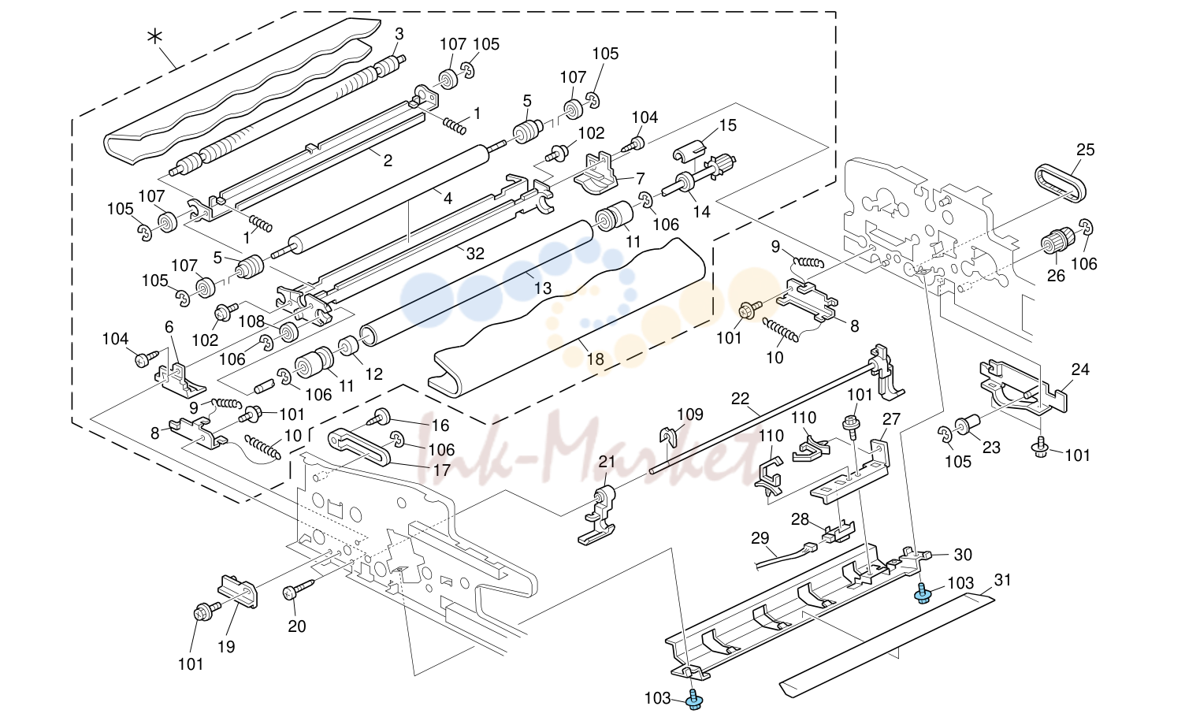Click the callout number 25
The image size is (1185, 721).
tap(1085, 150)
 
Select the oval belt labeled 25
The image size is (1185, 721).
tap(1061, 183)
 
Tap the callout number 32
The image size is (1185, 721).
tap(475, 254)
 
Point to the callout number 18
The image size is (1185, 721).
tap(595, 359)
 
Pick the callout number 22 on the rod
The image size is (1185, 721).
tap(741, 398)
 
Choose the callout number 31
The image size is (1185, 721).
tap(1002, 580)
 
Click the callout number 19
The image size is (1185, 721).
tap(226, 646)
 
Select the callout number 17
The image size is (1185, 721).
tap(442, 470)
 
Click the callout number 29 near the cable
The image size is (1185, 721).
tap(760, 538)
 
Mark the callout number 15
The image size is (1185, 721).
tap(728, 125)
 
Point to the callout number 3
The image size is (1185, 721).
tap(399, 34)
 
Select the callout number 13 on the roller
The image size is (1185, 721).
tap(543, 288)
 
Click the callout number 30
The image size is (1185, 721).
tap(963, 555)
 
